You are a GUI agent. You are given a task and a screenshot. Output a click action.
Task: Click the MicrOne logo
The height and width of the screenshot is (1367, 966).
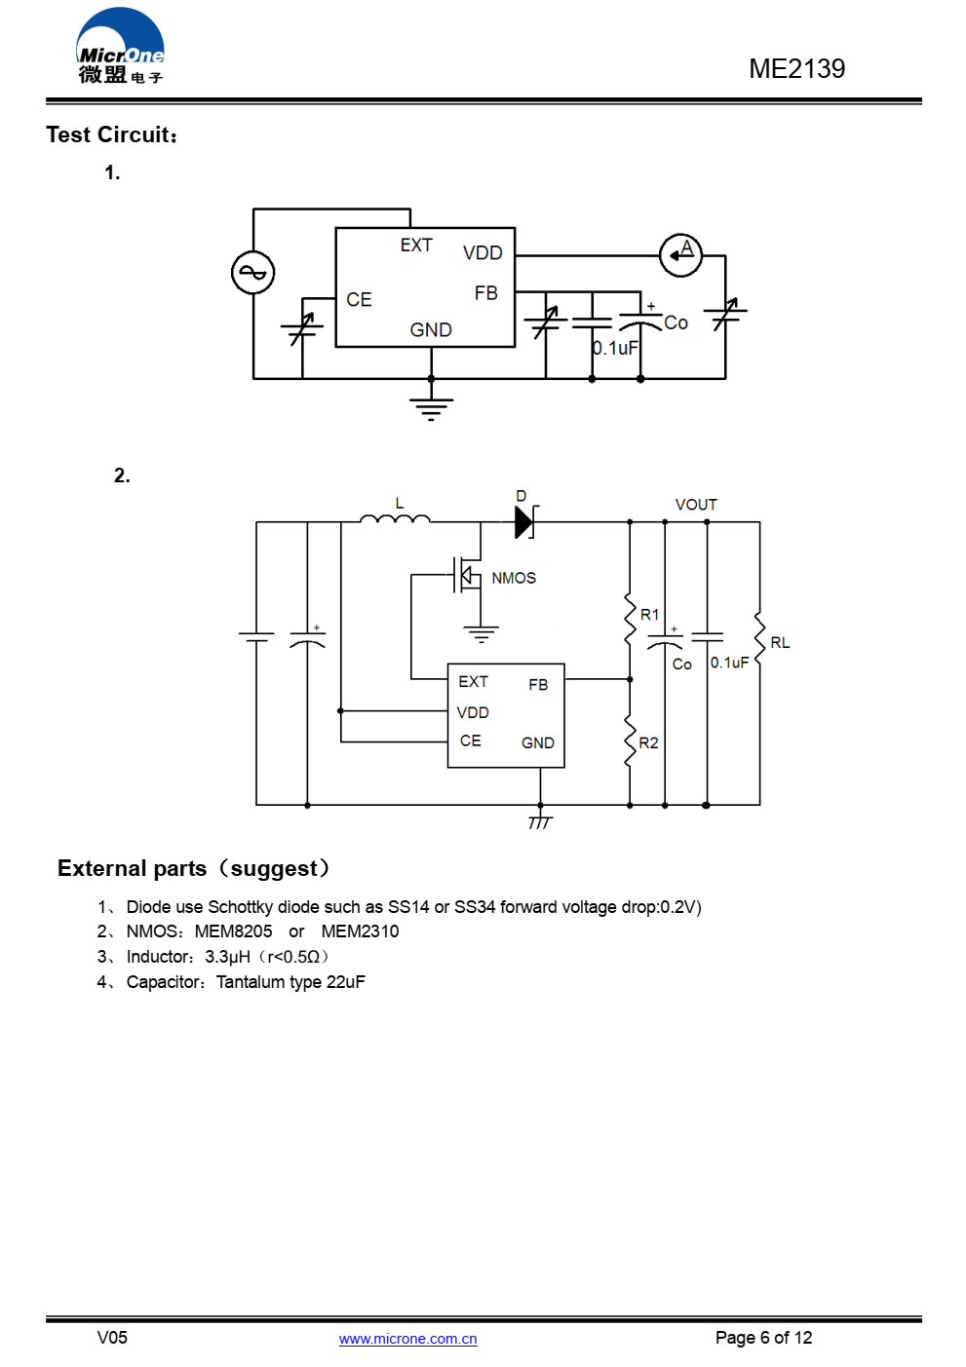[x=120, y=46]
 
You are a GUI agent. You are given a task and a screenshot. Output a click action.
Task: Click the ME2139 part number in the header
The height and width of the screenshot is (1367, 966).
[x=796, y=69]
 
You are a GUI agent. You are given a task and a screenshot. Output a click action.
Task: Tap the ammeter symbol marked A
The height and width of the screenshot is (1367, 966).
[x=680, y=255]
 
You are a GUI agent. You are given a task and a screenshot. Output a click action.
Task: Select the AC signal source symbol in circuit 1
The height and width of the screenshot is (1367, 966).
[x=252, y=272]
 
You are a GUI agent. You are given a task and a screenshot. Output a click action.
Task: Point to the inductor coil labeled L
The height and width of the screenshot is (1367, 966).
[x=395, y=518]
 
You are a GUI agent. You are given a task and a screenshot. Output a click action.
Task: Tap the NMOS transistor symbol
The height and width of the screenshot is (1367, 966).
[x=468, y=575]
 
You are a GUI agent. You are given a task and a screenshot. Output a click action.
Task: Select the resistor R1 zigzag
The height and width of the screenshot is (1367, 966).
[x=630, y=618]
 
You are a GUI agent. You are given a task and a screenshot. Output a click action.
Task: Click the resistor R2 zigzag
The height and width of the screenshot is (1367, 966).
[x=630, y=740]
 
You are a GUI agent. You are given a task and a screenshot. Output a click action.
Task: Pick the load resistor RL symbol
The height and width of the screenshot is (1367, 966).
[x=759, y=638]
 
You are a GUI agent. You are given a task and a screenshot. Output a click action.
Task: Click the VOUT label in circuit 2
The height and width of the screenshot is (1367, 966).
[x=696, y=505]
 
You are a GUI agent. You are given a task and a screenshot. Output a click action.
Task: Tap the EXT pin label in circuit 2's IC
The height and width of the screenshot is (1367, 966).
[x=473, y=682]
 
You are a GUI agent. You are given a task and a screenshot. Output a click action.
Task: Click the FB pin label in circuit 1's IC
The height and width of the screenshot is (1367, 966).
[x=486, y=293]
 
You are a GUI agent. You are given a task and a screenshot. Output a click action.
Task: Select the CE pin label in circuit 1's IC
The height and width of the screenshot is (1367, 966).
[x=359, y=300]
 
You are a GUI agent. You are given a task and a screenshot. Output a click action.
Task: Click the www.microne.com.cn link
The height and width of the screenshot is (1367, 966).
[x=407, y=1339]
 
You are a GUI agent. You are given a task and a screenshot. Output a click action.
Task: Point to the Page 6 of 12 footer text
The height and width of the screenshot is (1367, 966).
[x=763, y=1338]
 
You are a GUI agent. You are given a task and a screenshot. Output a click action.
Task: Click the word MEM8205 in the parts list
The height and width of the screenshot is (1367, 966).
[x=233, y=931]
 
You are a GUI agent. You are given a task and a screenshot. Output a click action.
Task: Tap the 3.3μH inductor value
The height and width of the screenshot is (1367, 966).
[x=227, y=957]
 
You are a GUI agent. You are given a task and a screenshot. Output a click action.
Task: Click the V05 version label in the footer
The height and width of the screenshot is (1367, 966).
[x=112, y=1338]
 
